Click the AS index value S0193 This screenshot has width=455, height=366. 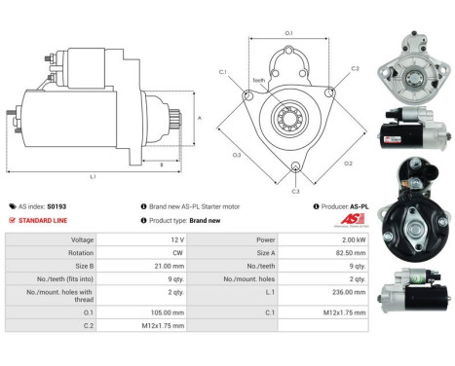tap(57, 206)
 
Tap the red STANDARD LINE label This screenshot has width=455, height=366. tap(42, 220)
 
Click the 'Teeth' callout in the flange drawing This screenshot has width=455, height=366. tap(258, 80)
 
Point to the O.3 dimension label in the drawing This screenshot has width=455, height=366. tap(237, 153)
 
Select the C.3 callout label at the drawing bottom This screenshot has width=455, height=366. tap(295, 190)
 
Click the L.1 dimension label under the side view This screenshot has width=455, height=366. tap(94, 176)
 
